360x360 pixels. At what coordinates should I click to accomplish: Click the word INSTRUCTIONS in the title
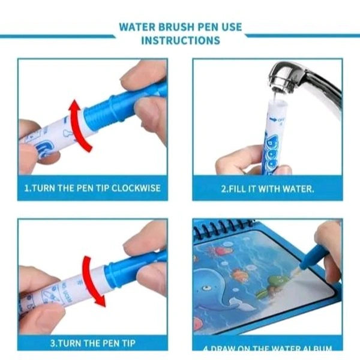(180, 41)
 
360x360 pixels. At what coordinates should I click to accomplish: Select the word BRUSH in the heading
(179, 27)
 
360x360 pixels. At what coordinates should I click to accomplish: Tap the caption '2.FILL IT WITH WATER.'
(267, 188)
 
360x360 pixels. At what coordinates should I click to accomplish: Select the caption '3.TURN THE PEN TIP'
(92, 344)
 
